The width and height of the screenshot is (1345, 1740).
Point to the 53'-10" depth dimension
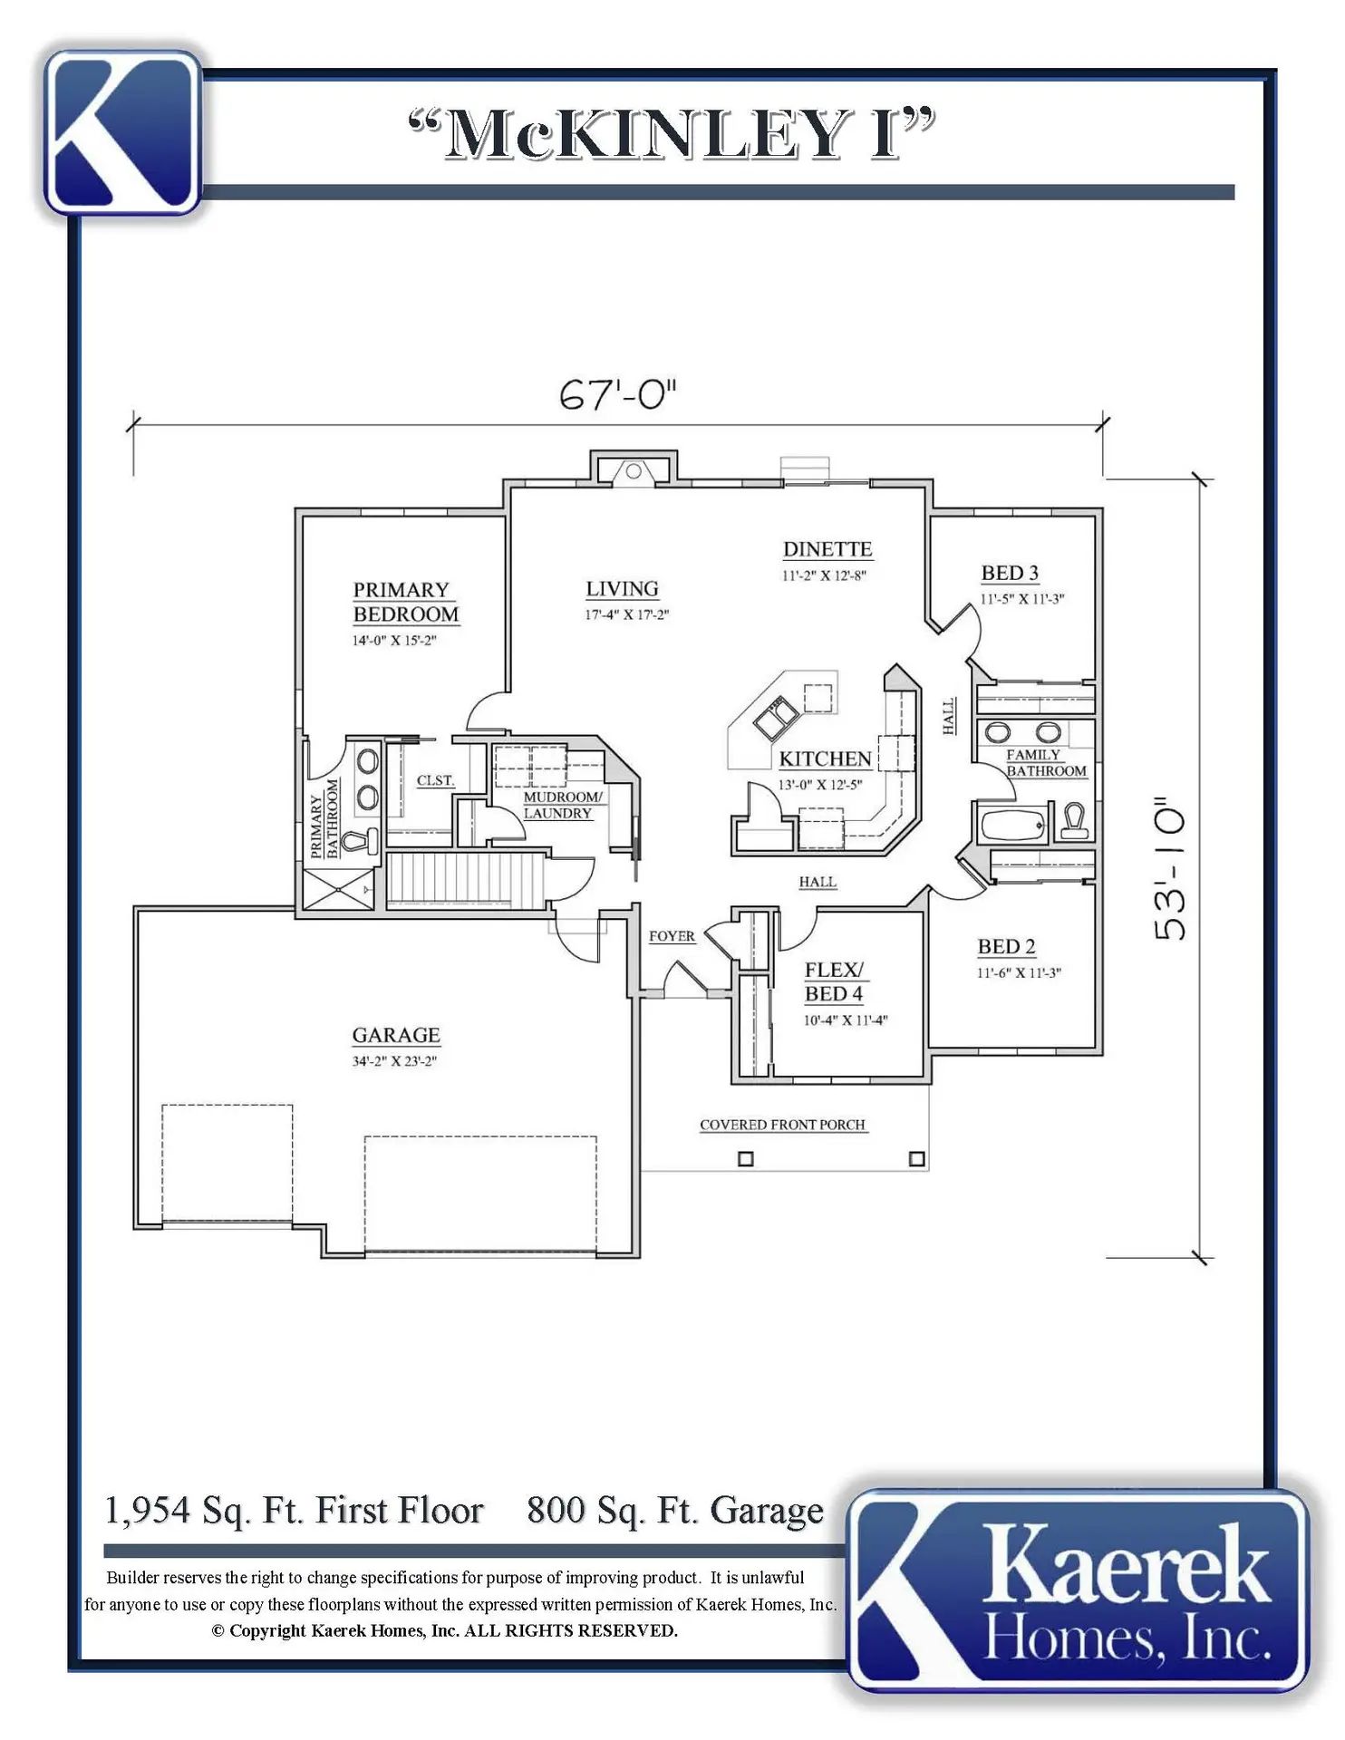click(1169, 869)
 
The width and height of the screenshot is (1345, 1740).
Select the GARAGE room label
click(396, 1035)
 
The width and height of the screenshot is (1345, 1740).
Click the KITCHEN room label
click(826, 759)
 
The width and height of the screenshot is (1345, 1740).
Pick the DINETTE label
click(827, 549)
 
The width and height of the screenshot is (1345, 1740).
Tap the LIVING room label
click(622, 589)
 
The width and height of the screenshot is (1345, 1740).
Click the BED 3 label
click(1010, 573)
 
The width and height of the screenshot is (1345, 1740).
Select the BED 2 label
click(1006, 946)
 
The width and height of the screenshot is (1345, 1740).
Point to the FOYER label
click(672, 936)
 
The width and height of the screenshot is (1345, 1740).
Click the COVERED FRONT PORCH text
click(782, 1125)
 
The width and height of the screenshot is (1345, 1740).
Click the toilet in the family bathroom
click(1074, 820)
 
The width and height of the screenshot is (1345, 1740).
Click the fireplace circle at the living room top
click(634, 471)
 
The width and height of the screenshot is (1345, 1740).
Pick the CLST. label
click(435, 780)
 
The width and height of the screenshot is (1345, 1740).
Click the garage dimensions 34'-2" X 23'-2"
click(394, 1061)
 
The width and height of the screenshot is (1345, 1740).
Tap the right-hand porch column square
click(917, 1158)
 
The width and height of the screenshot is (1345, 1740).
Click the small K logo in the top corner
click(123, 132)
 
